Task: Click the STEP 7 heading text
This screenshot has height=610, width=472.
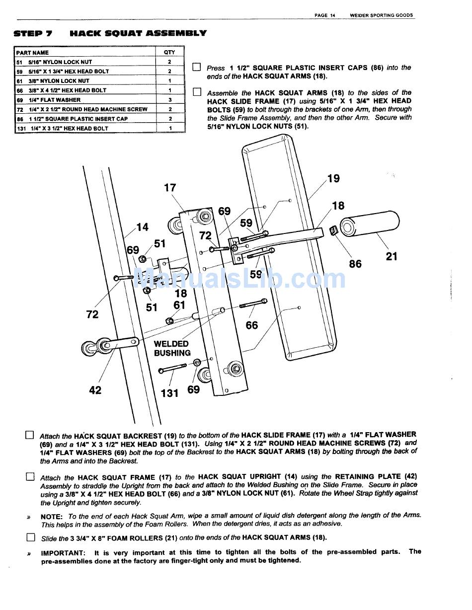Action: (33, 34)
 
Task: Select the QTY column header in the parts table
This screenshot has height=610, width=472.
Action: (169, 52)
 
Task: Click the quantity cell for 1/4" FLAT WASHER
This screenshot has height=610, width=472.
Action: (169, 100)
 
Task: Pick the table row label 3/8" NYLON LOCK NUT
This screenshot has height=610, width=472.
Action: (59, 81)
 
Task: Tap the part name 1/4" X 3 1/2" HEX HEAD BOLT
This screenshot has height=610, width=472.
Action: (70, 128)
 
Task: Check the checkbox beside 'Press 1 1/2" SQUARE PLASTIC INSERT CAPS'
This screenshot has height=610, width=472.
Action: (197, 67)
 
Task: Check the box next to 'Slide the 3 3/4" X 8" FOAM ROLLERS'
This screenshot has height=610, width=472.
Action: (31, 537)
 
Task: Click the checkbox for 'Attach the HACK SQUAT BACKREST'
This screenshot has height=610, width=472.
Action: (30, 435)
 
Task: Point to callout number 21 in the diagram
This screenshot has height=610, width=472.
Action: (392, 256)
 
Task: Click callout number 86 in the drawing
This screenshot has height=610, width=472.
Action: (355, 264)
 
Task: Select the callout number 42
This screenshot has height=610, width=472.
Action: (95, 390)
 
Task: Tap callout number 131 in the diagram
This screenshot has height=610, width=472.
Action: (169, 393)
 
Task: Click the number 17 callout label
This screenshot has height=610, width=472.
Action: (170, 187)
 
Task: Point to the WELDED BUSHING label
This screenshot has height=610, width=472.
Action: (172, 348)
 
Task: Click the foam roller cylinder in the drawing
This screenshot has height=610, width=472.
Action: (370, 224)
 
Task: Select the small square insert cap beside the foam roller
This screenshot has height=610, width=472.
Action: (333, 231)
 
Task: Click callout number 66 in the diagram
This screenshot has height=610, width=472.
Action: (251, 325)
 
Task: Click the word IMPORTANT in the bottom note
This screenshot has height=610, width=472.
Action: (63, 553)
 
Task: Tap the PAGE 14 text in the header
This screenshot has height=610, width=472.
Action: (324, 15)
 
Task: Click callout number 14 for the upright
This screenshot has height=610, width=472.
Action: (143, 227)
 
